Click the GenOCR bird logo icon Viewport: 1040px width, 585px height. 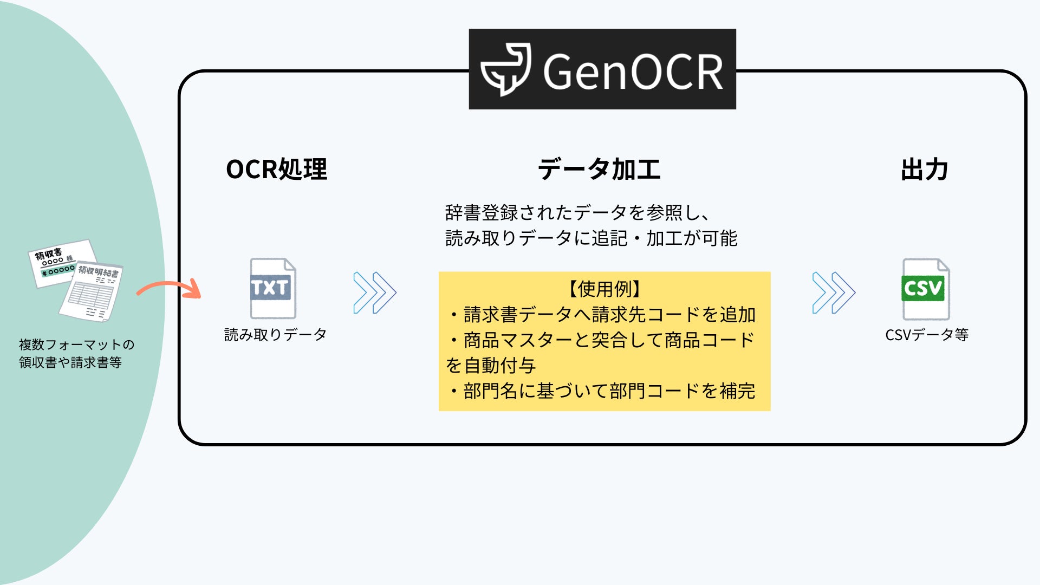coord(505,69)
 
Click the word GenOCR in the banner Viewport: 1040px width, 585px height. coord(633,71)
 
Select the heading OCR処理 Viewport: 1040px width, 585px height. coord(276,170)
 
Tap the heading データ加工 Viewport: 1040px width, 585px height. coord(599,170)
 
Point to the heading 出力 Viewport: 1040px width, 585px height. coord(924,170)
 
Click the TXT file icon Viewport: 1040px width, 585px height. coord(272,288)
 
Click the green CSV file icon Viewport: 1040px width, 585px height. coord(926,289)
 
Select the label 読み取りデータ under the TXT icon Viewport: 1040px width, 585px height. coord(275,335)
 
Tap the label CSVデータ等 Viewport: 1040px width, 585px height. coord(927,335)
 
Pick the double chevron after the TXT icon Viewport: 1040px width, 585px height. coord(375,292)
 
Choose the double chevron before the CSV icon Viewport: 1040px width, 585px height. coord(834,292)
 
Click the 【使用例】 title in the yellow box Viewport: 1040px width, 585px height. coord(604,289)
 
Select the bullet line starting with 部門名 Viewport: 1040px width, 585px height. coord(601,391)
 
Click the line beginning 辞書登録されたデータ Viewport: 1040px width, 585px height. coord(577,213)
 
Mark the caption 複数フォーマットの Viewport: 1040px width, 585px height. coord(76,344)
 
